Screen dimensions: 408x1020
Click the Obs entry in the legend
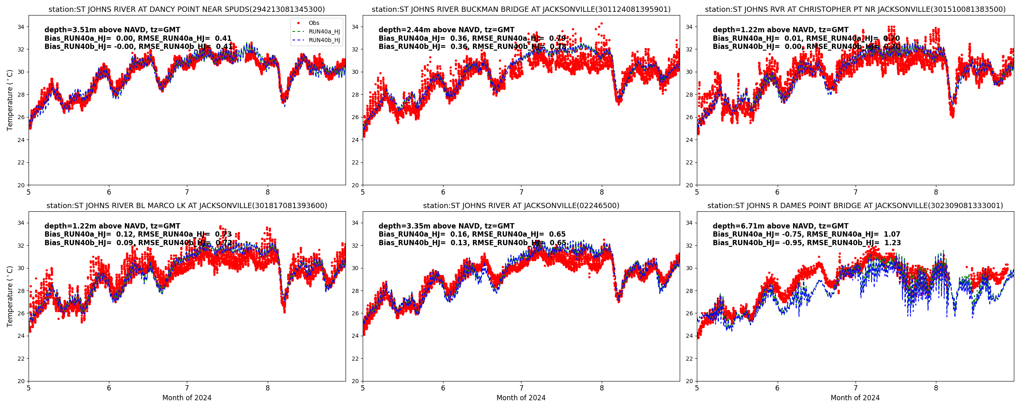point(314,23)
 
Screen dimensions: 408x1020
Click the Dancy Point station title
point(187,9)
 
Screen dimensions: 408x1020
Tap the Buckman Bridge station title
point(521,9)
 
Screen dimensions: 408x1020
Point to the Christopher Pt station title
point(855,9)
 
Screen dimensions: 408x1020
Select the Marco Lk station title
point(187,206)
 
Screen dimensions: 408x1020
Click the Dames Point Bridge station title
point(855,206)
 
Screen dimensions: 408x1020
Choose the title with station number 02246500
point(521,206)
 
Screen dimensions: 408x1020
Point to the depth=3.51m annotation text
point(112,30)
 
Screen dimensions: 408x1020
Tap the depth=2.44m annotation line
point(446,30)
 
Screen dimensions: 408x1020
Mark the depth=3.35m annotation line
point(446,226)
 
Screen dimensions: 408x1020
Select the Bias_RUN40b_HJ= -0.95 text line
point(807,243)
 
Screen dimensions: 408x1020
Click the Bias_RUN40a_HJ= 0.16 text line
point(472,234)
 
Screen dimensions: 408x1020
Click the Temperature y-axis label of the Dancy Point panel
point(10,100)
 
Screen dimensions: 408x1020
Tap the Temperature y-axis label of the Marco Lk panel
point(10,296)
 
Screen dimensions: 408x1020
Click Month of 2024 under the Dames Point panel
point(855,398)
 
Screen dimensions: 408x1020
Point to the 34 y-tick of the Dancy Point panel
point(21,27)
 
